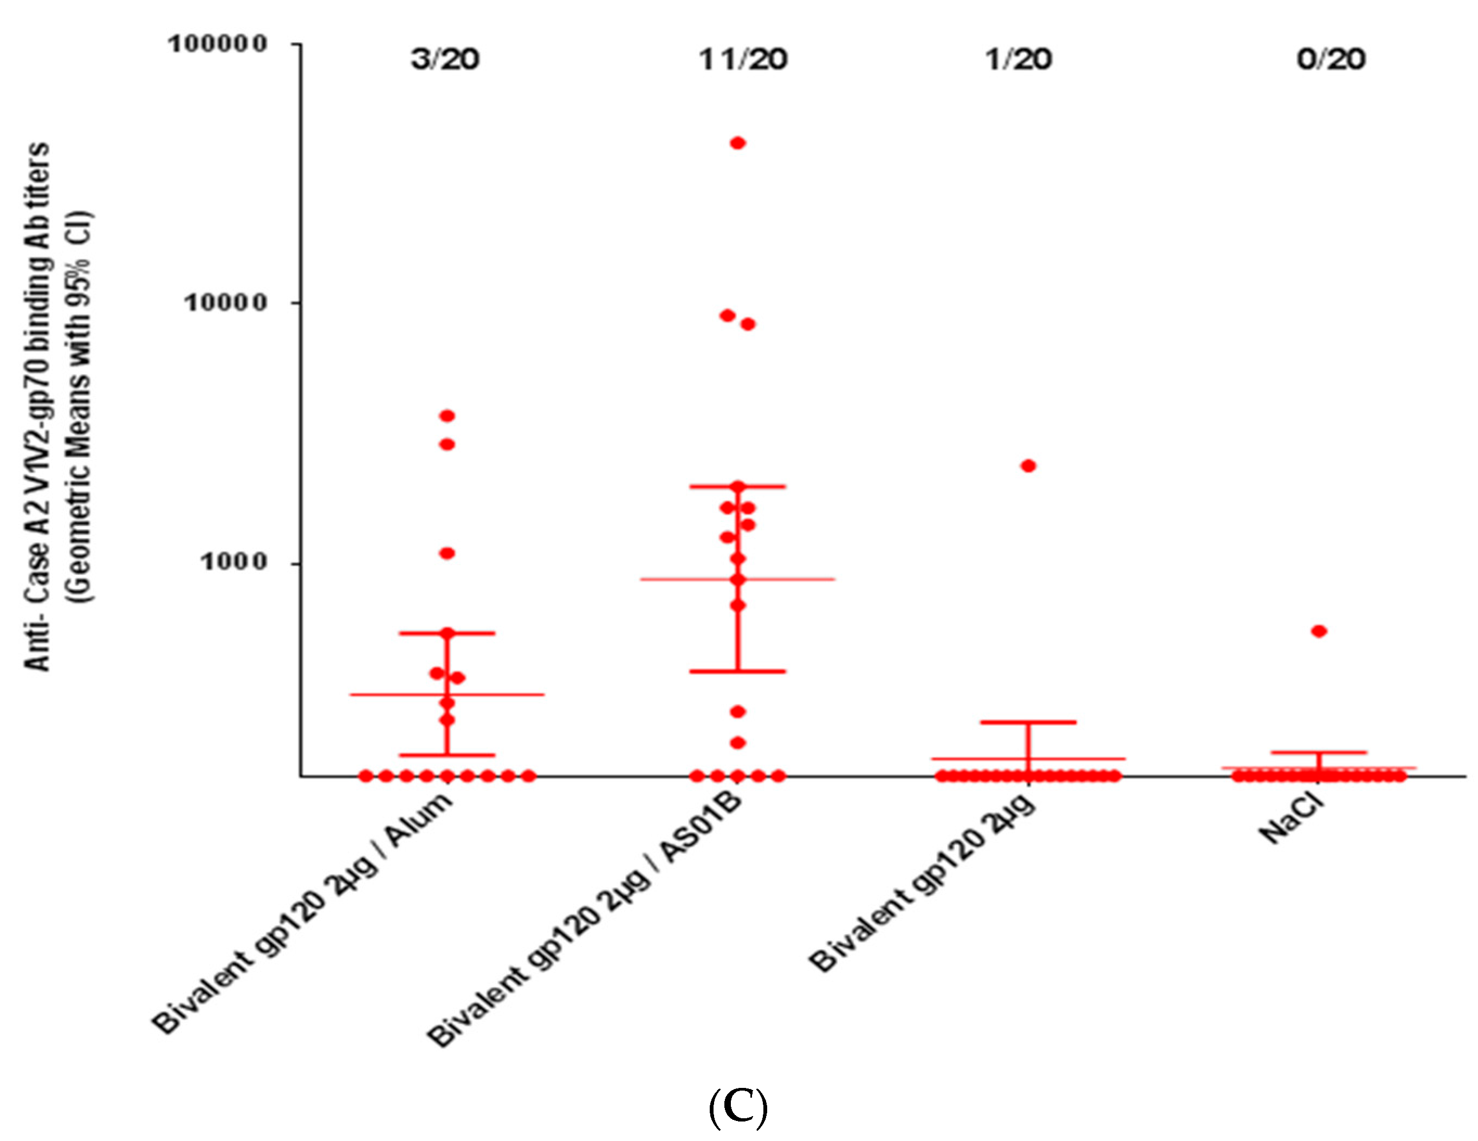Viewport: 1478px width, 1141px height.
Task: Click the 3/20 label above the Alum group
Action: [445, 60]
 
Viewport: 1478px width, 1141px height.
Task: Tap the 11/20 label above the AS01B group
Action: [742, 60]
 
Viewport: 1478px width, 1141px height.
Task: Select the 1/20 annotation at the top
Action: [1019, 60]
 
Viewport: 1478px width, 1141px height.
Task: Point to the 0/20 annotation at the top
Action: [1331, 60]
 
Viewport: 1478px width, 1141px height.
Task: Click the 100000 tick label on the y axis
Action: [218, 44]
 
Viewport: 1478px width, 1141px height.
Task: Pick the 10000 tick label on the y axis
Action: [226, 302]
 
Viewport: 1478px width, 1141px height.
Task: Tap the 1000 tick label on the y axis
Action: [234, 561]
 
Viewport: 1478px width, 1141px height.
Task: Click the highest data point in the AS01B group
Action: [738, 143]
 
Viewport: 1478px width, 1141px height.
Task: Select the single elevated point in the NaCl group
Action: [1319, 631]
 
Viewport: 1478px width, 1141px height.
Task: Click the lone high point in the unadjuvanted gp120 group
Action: [1028, 465]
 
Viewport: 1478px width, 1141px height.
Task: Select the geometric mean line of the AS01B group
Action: [799, 579]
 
